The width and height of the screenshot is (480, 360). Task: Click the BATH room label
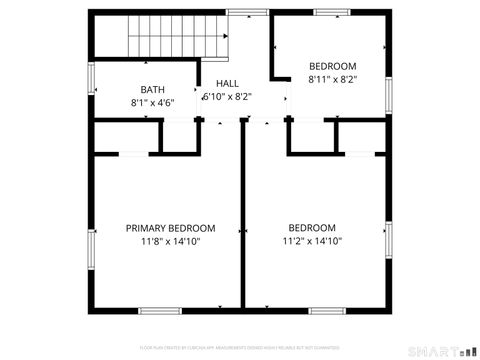(153, 89)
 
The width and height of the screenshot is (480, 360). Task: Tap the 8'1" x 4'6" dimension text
(153, 103)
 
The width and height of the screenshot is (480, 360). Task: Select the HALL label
(227, 84)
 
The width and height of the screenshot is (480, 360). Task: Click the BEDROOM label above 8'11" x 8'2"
(332, 65)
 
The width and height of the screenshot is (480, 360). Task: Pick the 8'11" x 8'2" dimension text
(332, 78)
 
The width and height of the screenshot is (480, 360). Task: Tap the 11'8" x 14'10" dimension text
(170, 241)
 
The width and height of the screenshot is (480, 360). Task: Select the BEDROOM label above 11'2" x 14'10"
(312, 228)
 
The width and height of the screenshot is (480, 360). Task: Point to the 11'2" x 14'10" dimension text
(312, 241)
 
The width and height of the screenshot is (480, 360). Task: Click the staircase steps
(161, 40)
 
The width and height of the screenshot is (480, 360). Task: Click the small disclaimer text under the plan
(240, 347)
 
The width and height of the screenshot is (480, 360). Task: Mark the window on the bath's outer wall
(92, 77)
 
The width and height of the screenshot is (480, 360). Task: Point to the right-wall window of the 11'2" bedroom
(388, 240)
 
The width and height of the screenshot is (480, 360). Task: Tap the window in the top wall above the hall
(240, 13)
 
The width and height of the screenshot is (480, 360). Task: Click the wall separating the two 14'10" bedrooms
(242, 220)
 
